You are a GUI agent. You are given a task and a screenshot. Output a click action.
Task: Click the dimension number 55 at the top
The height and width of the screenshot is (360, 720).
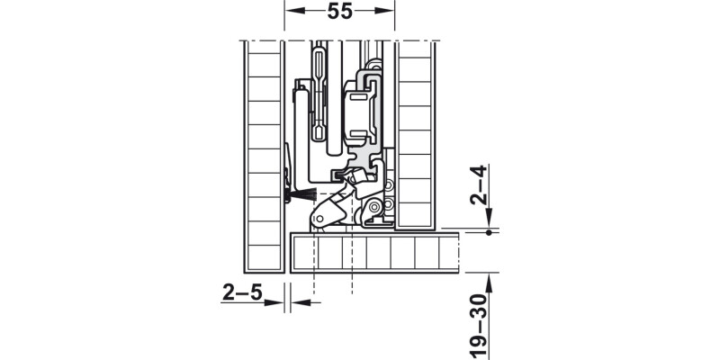(339, 12)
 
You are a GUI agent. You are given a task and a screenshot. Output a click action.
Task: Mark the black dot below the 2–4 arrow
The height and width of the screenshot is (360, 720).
(488, 233)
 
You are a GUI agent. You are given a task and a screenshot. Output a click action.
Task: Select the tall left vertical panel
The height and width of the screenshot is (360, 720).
(265, 157)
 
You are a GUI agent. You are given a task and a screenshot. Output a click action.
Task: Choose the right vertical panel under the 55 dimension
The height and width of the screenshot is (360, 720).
(415, 135)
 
